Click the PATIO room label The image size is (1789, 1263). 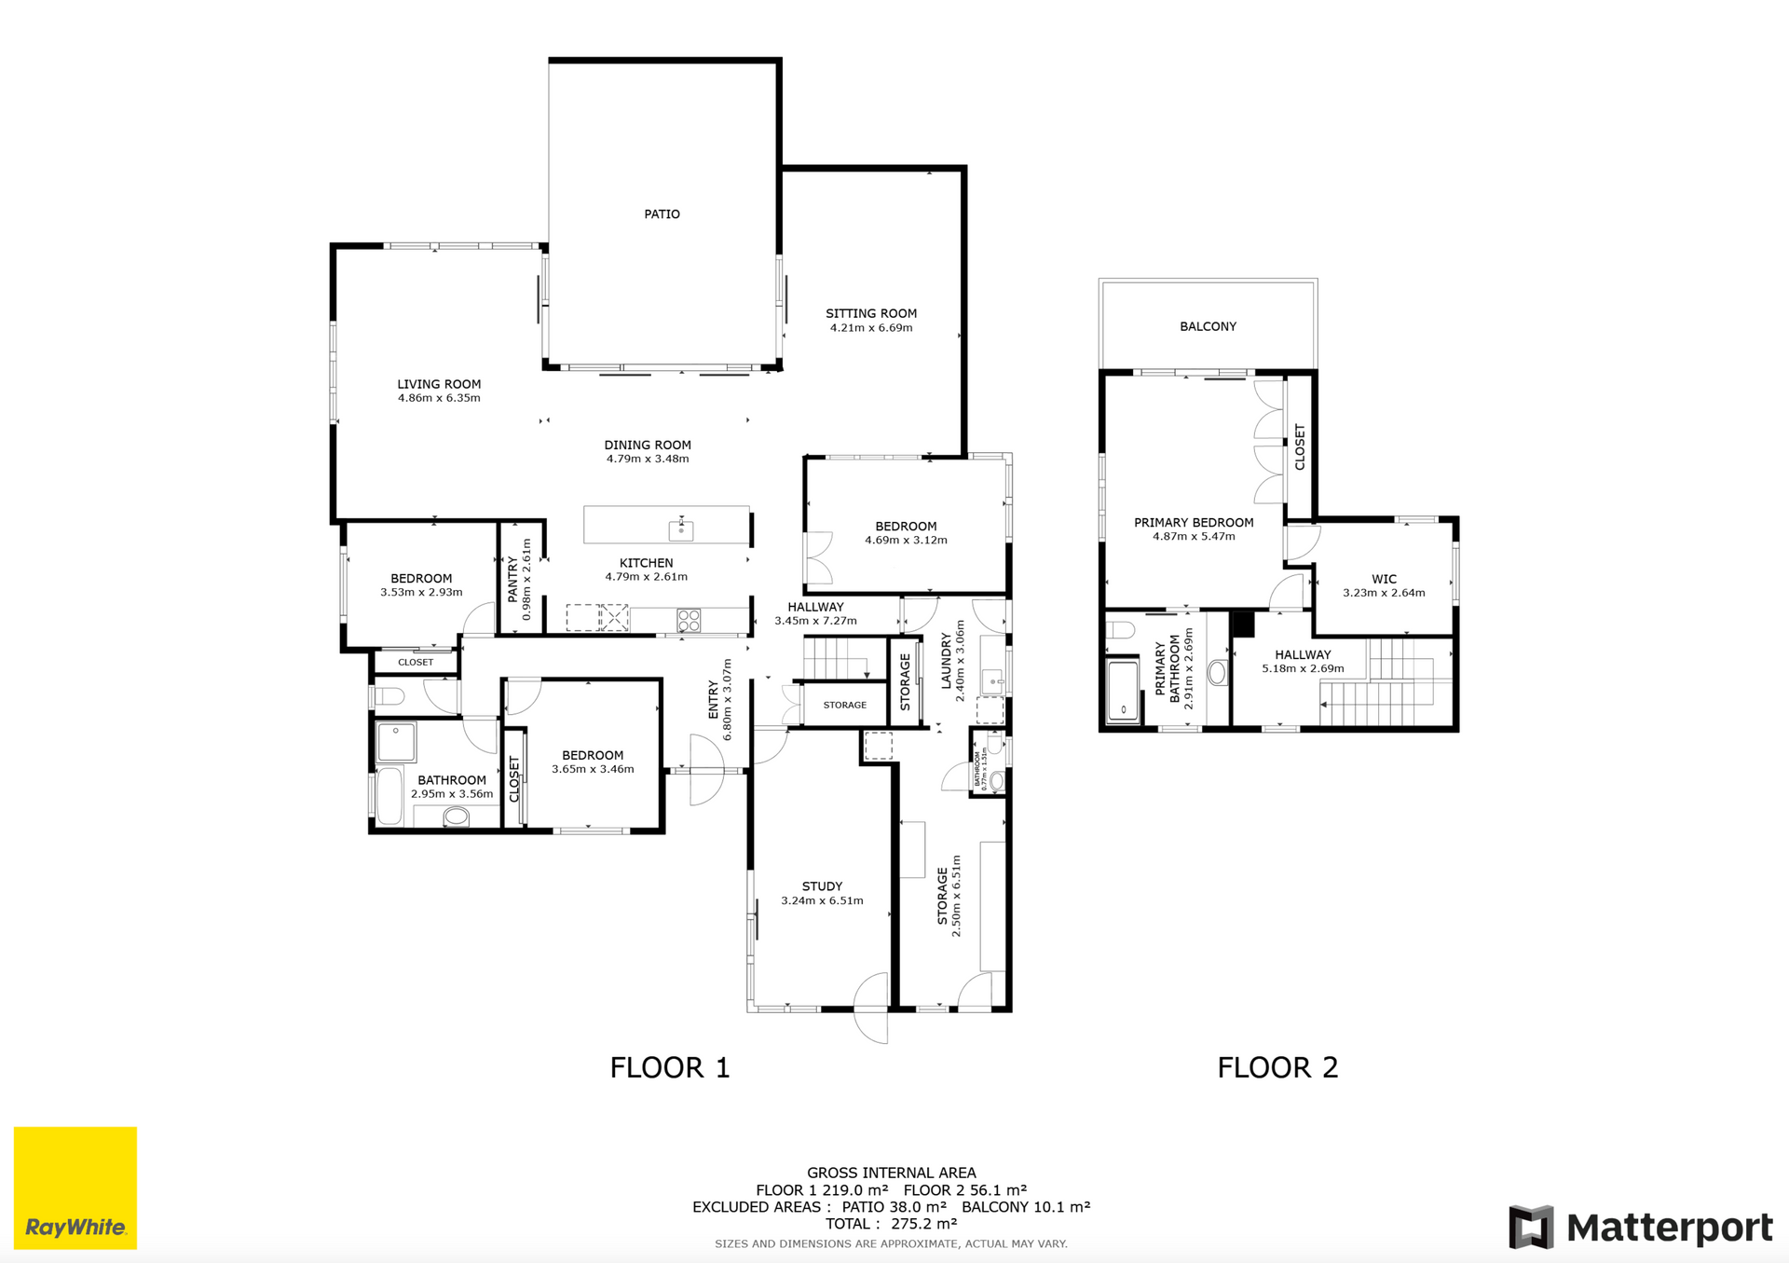[x=662, y=214]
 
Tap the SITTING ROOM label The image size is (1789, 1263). [x=871, y=313]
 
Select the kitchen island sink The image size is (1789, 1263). [x=681, y=529]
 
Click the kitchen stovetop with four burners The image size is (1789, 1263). [x=689, y=620]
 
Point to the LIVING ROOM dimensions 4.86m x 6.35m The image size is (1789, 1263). [x=439, y=398]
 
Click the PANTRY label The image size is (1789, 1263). [x=512, y=579]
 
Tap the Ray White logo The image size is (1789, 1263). [x=75, y=1187]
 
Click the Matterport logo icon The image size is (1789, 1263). [x=1531, y=1227]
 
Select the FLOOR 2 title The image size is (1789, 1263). [x=1277, y=1067]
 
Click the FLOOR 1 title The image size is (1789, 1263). [x=670, y=1067]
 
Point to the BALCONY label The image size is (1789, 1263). [x=1208, y=326]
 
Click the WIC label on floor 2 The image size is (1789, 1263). [x=1384, y=579]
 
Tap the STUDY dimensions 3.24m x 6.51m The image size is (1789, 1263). [x=822, y=900]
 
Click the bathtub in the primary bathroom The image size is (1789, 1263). [x=1123, y=690]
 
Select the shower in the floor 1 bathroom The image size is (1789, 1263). [x=396, y=743]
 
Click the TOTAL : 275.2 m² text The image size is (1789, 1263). [x=892, y=1224]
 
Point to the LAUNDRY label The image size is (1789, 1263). [x=947, y=661]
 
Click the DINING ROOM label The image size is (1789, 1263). [x=648, y=445]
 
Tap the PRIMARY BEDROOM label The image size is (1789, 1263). [x=1194, y=523]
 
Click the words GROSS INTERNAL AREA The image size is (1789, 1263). [x=892, y=1173]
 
